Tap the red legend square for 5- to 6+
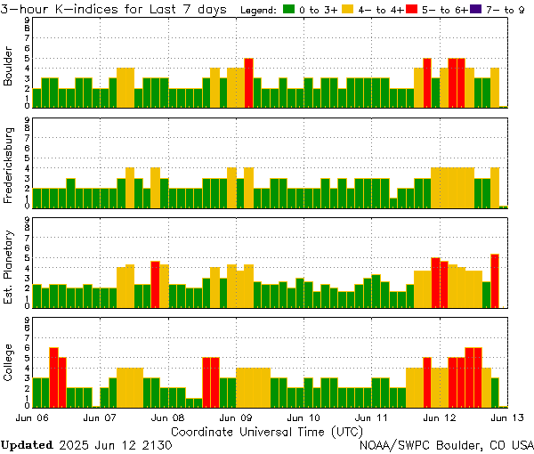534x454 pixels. (411, 10)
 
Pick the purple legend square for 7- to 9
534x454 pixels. (474, 10)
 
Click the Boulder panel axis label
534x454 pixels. (9, 67)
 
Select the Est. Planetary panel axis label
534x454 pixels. (9, 266)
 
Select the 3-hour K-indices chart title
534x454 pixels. (116, 9)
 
